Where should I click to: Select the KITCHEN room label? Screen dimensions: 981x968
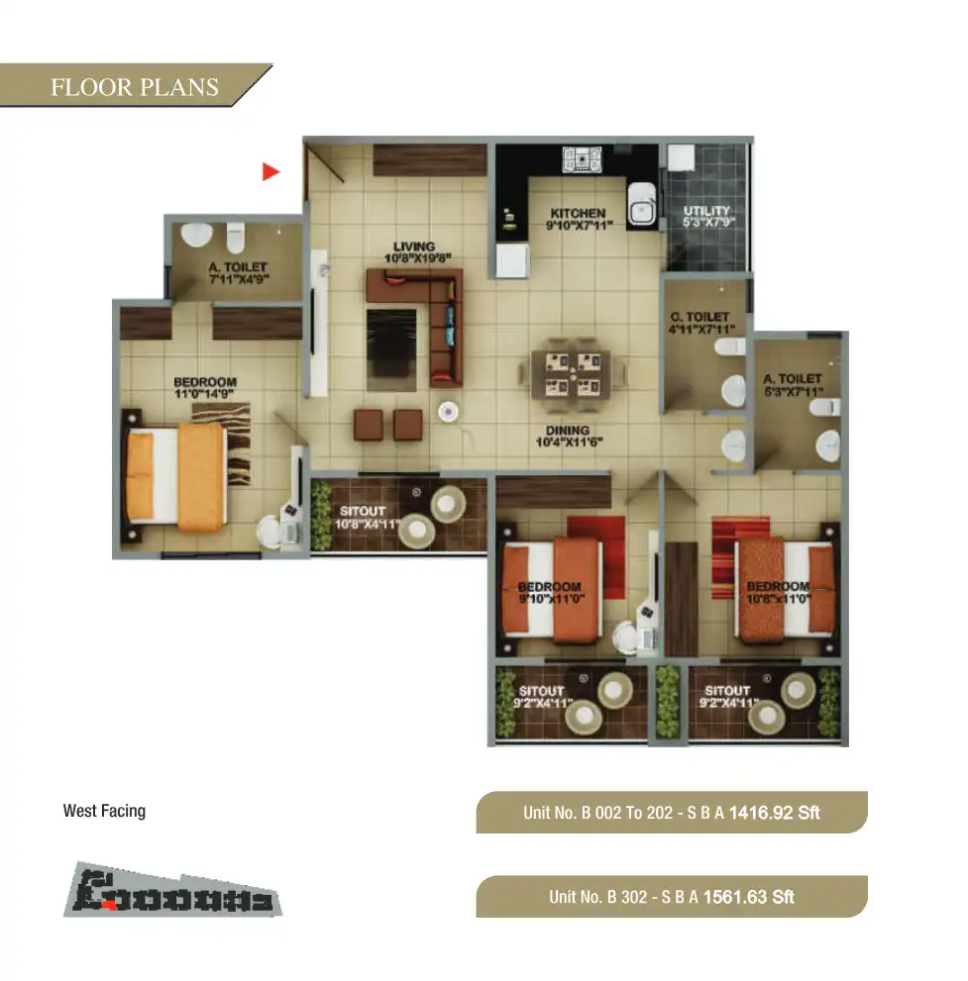pyautogui.click(x=578, y=219)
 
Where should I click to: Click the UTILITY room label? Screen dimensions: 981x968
pyautogui.click(x=706, y=217)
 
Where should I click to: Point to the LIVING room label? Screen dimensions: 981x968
pyautogui.click(x=414, y=252)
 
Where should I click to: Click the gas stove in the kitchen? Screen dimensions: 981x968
pyautogui.click(x=576, y=159)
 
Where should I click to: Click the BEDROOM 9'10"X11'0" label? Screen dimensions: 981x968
pyautogui.click(x=550, y=593)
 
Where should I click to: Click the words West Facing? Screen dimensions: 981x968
pyautogui.click(x=104, y=811)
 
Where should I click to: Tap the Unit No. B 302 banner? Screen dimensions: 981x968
pyautogui.click(x=671, y=897)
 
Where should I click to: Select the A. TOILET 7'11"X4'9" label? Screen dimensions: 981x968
pyautogui.click(x=237, y=274)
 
